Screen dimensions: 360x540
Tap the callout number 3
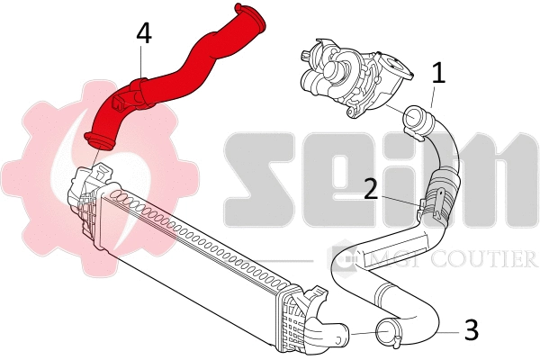point(472,330)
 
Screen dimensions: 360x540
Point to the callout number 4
point(144,34)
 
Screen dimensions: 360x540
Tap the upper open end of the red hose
point(249,16)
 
